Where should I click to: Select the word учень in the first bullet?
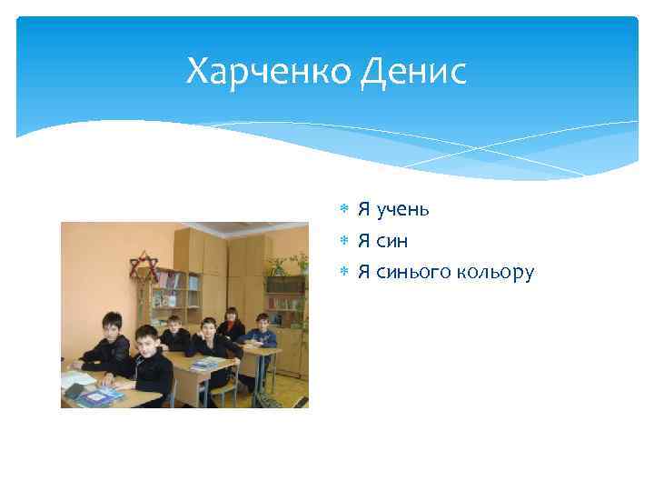405,210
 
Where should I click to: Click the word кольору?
499,272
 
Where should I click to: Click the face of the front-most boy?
145,341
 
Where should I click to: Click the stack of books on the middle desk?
205,364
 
